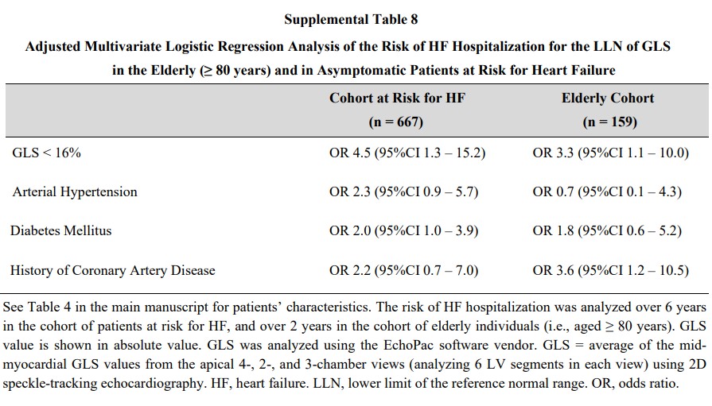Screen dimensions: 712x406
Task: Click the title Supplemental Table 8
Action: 351,20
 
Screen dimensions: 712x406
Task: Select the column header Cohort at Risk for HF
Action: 397,98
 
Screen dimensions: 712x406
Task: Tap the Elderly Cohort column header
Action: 608,98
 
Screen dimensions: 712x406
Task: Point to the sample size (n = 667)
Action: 396,122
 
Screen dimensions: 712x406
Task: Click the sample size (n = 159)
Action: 610,122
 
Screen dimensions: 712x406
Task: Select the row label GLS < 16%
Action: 46,153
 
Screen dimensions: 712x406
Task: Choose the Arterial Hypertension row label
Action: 75,192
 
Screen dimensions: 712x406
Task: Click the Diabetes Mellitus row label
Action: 60,230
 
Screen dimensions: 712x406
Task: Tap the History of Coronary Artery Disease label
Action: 113,270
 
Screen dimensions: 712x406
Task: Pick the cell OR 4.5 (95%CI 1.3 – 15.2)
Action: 407,153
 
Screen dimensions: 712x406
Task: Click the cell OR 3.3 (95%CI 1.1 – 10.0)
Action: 611,153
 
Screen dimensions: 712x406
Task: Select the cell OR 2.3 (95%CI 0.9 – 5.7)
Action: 403,192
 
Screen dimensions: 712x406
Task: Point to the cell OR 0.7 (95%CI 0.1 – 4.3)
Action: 607,192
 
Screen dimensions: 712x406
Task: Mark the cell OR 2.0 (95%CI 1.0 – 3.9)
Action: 403,231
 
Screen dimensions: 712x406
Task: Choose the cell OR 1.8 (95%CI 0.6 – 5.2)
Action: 607,231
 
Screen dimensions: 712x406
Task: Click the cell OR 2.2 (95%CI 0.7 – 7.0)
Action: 403,270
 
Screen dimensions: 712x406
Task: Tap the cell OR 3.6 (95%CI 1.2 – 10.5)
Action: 611,270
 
